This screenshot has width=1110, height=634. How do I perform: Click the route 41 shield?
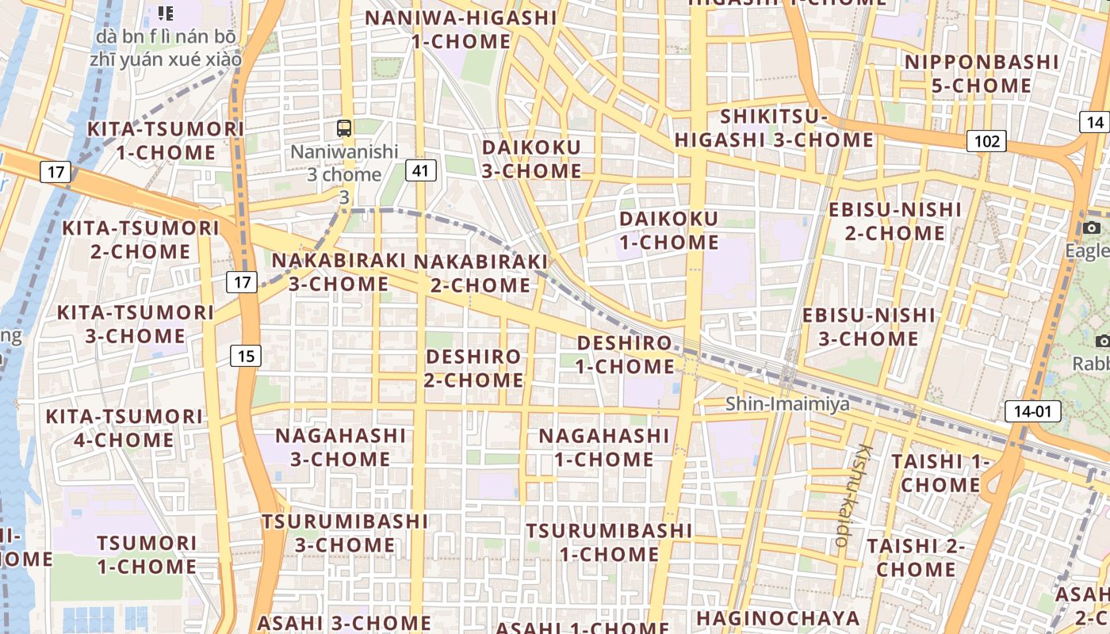point(420,170)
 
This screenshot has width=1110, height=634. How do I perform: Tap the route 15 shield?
point(246,356)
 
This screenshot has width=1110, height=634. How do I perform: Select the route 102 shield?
point(986,142)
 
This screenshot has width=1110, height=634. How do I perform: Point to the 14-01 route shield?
point(1032,411)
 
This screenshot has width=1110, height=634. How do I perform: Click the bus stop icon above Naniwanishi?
point(344,128)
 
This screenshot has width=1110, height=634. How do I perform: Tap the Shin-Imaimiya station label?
point(787,404)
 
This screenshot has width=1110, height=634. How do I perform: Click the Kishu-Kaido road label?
point(852,495)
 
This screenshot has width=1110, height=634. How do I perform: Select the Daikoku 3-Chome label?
point(531,158)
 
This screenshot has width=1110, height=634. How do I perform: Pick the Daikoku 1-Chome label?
point(668,230)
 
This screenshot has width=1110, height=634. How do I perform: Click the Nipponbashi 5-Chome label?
point(981,74)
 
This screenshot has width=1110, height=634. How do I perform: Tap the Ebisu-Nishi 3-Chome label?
point(868,327)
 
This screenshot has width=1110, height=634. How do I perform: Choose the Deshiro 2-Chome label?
point(474,368)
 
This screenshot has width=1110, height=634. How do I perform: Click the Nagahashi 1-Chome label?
point(604,447)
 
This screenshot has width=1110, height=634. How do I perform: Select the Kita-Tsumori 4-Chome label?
point(124,428)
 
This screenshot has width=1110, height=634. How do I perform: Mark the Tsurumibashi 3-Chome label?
point(345,533)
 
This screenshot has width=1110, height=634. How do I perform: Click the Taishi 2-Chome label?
point(916,557)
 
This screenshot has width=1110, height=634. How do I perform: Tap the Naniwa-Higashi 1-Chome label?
point(461,29)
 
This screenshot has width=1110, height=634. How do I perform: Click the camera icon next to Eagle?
point(1091,229)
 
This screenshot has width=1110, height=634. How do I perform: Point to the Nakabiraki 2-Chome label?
point(480,273)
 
